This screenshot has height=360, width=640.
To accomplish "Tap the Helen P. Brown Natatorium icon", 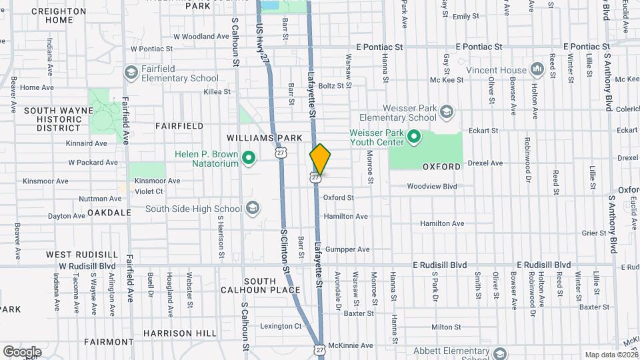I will coord(249,158).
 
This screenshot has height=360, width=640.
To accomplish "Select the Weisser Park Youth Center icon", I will coord(413,137).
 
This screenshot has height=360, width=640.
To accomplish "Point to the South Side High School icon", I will coord(252,209).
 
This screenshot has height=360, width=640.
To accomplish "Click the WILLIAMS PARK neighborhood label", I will coord(273,138).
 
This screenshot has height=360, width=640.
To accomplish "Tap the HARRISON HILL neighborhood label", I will coord(179,333).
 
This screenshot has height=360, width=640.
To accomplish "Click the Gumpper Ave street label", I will coord(347,249).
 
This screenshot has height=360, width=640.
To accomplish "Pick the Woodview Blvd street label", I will coord(431,187).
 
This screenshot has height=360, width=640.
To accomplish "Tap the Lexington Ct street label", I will coord(281,326).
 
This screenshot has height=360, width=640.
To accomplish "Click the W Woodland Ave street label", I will coord(201,36).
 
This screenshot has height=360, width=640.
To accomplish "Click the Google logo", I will coord(22,351).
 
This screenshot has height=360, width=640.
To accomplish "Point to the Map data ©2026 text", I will coord(611,355).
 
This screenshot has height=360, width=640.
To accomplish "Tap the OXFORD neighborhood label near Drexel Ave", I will coord(441,166).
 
